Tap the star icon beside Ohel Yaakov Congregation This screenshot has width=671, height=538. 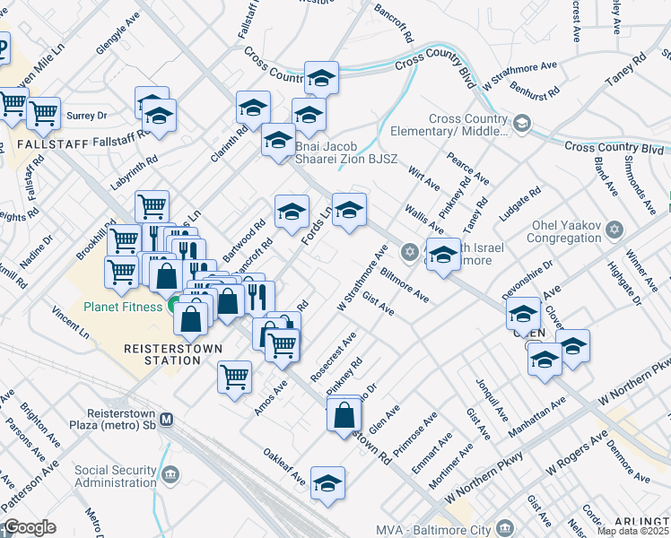point(614,230)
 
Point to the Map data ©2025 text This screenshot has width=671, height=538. point(633,531)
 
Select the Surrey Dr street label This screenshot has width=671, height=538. point(86,116)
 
